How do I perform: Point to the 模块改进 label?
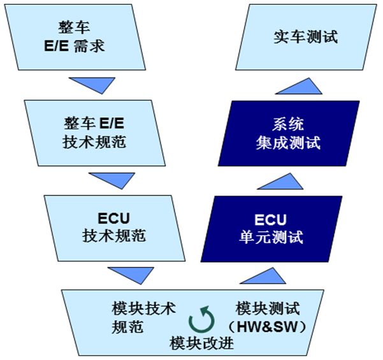pos(203,343)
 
